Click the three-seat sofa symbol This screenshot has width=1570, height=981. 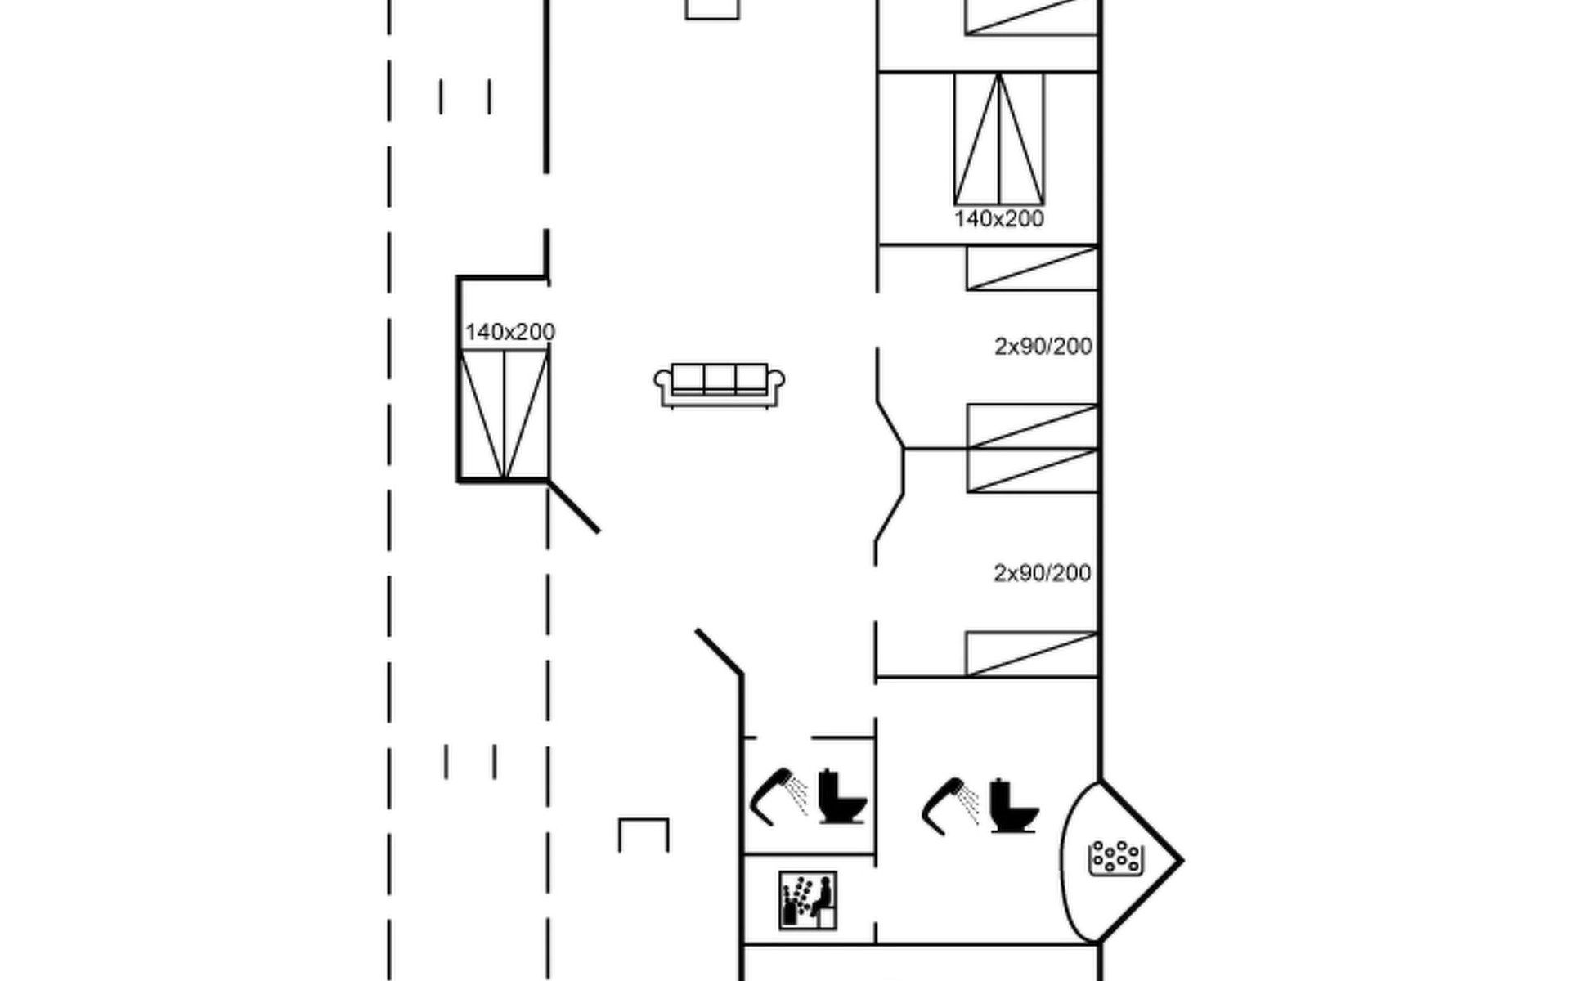coord(719,385)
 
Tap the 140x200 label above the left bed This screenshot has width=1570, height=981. coord(509,332)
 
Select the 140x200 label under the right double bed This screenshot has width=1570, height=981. coord(998,219)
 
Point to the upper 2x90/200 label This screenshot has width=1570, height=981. coord(1043,347)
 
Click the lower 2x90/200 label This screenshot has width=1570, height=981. coord(1042,573)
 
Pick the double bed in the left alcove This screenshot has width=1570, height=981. coord(504,414)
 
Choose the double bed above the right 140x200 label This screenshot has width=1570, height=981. coord(998,139)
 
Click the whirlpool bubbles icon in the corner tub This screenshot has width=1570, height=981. coord(1115,858)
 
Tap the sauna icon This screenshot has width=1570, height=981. coord(807,900)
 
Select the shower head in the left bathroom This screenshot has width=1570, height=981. coord(778,795)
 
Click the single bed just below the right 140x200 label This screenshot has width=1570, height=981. coord(1032,268)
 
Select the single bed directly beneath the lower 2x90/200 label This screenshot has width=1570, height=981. coord(1031,653)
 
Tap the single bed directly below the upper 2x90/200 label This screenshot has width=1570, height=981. coord(1032,426)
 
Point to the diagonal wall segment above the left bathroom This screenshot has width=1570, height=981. coord(719,652)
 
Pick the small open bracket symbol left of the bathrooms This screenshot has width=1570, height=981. coord(644,834)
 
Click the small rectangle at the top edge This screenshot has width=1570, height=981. coord(712,9)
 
